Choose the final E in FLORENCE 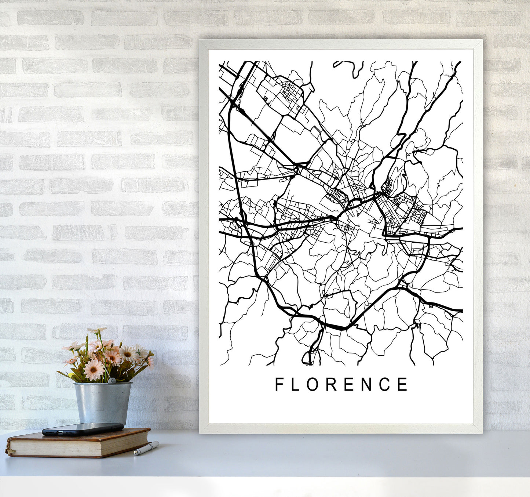(x=403, y=384)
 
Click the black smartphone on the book (x=83, y=429)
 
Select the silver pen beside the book (x=146, y=448)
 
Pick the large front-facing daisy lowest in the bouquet (x=94, y=370)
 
